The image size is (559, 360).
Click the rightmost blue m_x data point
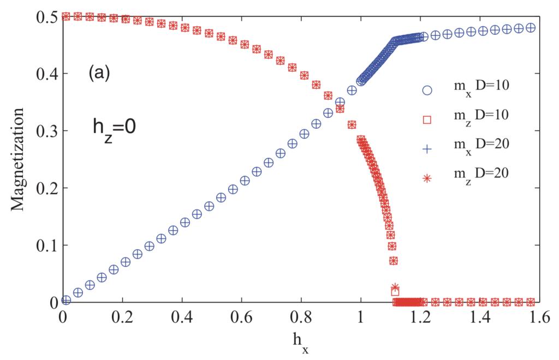[x=531, y=28]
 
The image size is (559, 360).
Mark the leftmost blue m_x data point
[x=66, y=299]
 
